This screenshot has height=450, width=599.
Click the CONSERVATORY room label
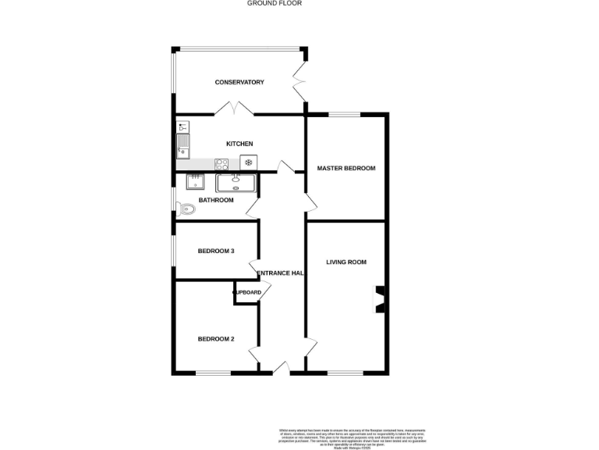point(239,82)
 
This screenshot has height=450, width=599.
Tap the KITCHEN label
point(239,144)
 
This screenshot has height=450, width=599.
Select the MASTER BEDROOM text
point(346,168)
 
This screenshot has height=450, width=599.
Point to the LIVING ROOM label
point(346,262)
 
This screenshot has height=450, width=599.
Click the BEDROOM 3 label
point(216,251)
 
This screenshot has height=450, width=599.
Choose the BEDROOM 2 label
point(216,339)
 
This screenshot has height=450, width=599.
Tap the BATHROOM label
point(216,200)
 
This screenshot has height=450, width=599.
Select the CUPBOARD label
point(246,292)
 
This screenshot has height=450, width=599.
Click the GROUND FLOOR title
point(275,3)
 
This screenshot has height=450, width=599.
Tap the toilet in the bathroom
point(185,209)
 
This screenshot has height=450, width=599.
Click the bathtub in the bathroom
point(236,182)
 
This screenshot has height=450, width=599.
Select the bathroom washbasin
point(195,182)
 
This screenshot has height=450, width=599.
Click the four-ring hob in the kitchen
point(222,163)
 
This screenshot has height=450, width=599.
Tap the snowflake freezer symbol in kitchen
point(248,162)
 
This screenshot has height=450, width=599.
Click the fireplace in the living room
point(380,298)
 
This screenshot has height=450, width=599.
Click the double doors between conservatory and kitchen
point(239,110)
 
